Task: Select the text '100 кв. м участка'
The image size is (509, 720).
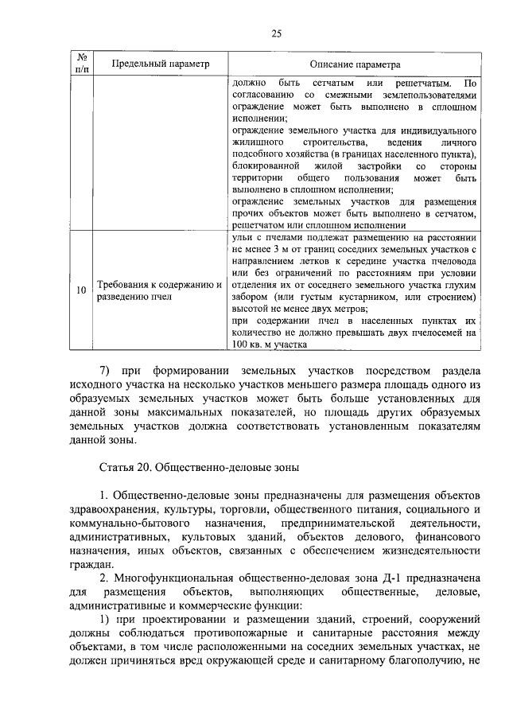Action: click(x=269, y=344)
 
